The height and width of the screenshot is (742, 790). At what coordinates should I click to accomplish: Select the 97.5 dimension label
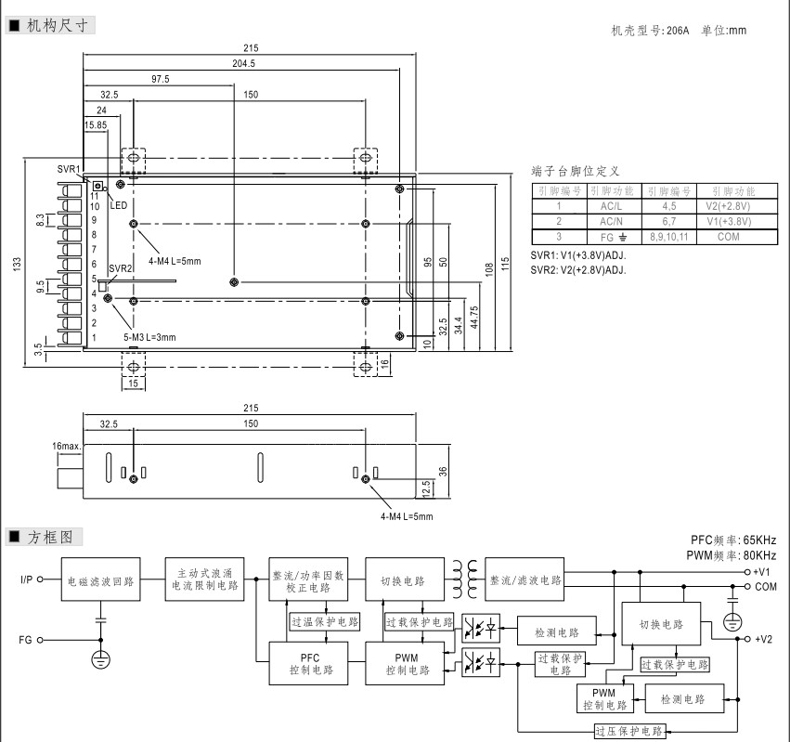click(x=160, y=79)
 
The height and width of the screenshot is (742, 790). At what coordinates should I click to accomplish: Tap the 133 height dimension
click(x=17, y=264)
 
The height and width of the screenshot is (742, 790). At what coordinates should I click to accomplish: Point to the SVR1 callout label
click(x=69, y=169)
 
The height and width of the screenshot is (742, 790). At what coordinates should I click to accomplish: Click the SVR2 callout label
click(x=121, y=268)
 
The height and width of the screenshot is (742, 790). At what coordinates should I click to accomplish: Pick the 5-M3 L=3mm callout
click(x=149, y=336)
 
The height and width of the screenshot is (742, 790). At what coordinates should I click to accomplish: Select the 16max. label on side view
click(x=68, y=447)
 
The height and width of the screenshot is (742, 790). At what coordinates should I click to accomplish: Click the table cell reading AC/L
click(x=611, y=206)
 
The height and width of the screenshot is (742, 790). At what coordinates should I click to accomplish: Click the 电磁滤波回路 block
click(x=101, y=581)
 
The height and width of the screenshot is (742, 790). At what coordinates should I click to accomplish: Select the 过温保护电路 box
click(x=325, y=621)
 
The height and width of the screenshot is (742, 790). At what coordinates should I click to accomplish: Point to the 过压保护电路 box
click(x=629, y=731)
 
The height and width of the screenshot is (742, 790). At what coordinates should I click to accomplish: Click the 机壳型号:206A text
click(x=651, y=31)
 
